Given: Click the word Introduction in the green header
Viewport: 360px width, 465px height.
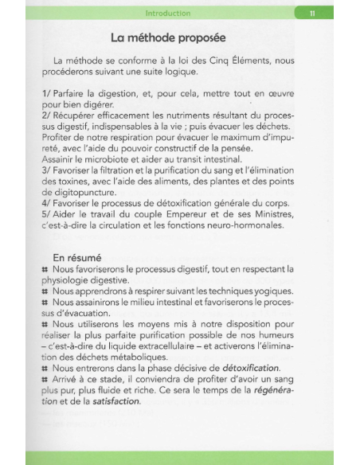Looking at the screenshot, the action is pyautogui.click(x=168, y=14).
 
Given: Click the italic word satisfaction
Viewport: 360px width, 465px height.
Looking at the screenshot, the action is pyautogui.click(x=116, y=401).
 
